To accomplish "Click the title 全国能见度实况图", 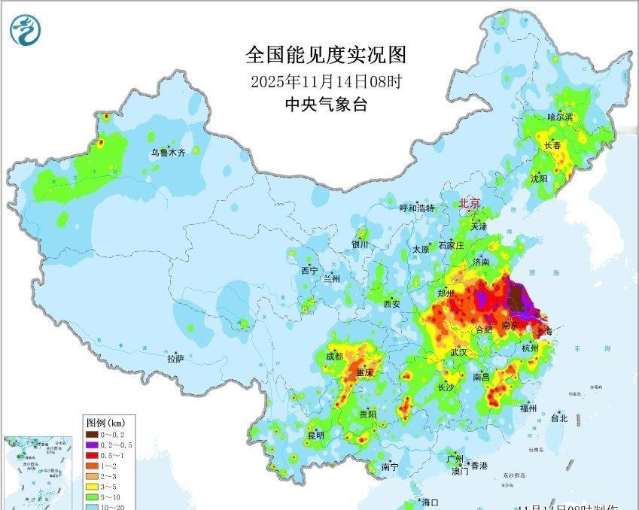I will (326, 55).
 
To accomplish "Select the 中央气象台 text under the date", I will (326, 105).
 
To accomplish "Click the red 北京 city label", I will (470, 204).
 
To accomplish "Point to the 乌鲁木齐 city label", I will (167, 152).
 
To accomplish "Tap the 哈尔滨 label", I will (560, 117).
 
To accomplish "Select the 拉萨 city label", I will (175, 359).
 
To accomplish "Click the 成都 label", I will (335, 356).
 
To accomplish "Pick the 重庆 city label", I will (365, 372).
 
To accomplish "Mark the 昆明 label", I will (315, 435).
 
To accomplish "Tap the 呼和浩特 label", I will (416, 208).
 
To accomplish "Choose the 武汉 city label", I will (459, 352).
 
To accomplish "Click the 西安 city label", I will (391, 304).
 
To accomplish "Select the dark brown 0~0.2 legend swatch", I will (92, 435).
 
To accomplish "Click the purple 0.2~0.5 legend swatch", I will (92, 445).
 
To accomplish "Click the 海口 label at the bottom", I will (431, 502).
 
